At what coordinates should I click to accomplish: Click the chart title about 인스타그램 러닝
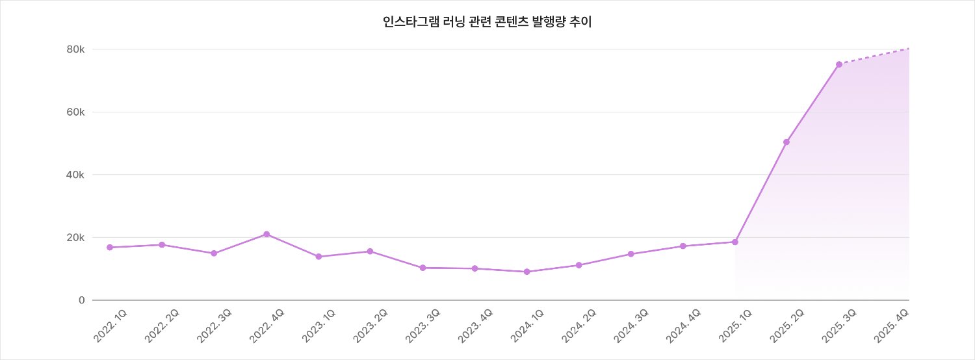[487, 22]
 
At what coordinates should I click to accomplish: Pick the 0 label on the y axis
[82, 300]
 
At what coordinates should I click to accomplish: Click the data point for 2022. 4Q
[266, 234]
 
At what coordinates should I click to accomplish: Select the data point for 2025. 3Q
[839, 64]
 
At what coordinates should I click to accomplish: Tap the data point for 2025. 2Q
[786, 142]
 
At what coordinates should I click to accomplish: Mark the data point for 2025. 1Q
[735, 242]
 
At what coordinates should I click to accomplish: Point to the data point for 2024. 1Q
[526, 272]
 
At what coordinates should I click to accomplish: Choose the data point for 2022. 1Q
[110, 248]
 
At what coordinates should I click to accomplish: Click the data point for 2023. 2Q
[370, 251]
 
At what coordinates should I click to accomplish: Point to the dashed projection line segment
[874, 56]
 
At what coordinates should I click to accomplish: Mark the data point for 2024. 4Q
[682, 246]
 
